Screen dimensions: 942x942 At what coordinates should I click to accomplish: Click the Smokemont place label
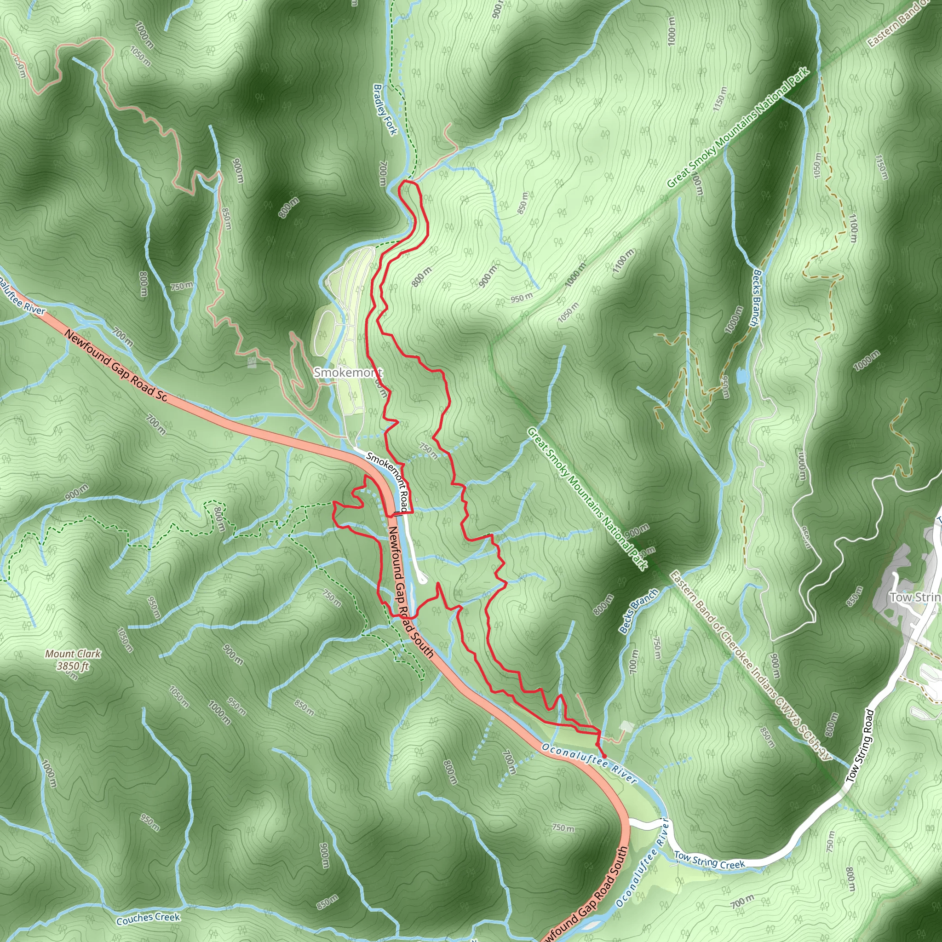pos(348,373)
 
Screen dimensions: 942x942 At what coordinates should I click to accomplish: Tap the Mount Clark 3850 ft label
pos(73,660)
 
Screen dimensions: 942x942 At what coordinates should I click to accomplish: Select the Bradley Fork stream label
pos(385,110)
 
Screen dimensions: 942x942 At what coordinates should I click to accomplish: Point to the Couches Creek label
pos(148,918)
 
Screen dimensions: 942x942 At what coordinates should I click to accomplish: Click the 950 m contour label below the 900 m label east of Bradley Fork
pos(522,298)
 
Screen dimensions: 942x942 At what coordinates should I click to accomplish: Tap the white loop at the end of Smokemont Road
pos(422,579)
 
